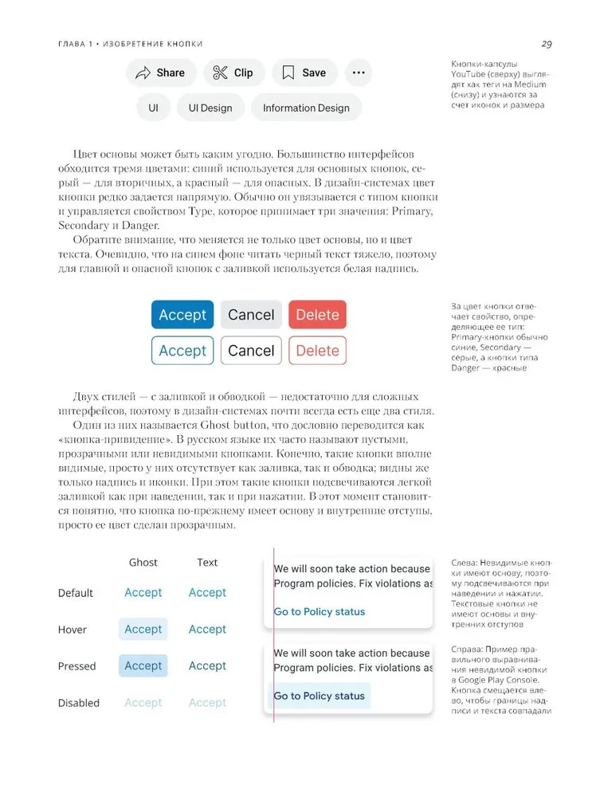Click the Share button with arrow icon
tap(160, 73)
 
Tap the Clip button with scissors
tap(233, 73)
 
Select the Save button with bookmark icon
tap(304, 73)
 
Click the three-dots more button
tap(359, 73)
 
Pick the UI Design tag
tap(210, 108)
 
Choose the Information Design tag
tap(306, 108)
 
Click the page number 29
tap(547, 44)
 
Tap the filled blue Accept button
tap(182, 315)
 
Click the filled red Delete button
tap(317, 315)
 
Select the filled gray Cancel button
tap(251, 315)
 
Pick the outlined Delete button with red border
tap(317, 351)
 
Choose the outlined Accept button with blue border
tap(182, 351)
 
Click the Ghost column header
tap(143, 563)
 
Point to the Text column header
tap(207, 563)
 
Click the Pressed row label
tap(76, 666)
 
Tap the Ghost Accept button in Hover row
tap(143, 630)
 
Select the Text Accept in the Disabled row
tap(207, 703)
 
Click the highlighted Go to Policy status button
tap(320, 696)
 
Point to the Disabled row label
tap(79, 703)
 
